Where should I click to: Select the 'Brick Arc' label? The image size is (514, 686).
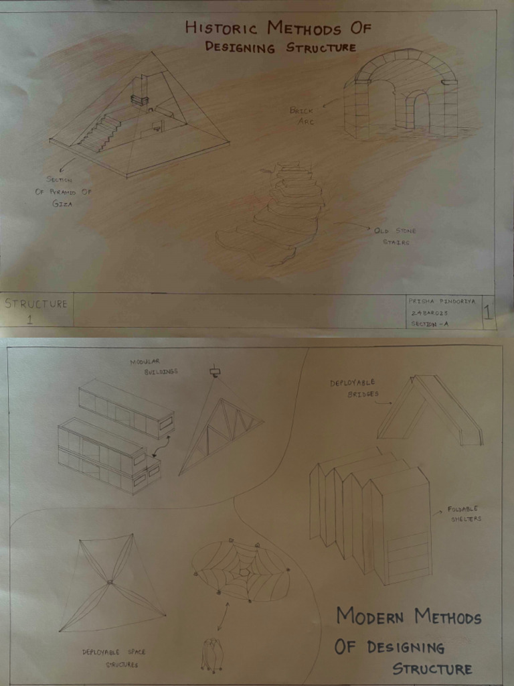(302, 115)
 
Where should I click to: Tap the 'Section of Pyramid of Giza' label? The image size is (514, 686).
(63, 191)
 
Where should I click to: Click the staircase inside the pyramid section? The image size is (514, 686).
(101, 133)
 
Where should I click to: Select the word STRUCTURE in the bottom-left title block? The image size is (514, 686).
(36, 303)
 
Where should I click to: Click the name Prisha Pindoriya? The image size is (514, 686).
(442, 301)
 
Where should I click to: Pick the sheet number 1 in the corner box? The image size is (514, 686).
(488, 312)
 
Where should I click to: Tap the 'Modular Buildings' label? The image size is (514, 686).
(154, 366)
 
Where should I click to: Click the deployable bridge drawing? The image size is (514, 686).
(432, 410)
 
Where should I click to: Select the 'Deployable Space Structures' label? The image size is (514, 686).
(114, 658)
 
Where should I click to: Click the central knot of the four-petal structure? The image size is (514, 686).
(110, 582)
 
